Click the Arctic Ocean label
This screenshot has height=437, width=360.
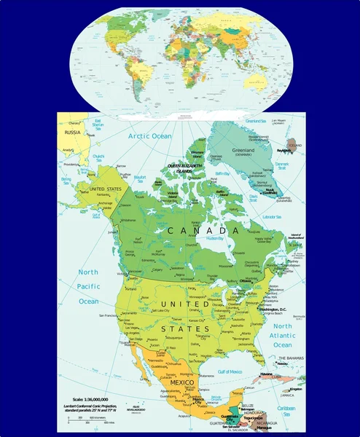149,136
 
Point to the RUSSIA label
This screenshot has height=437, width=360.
73,133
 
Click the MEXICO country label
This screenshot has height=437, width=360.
181,382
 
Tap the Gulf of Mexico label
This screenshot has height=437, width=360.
225,372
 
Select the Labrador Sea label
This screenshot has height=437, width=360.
272,216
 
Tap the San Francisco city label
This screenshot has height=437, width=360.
106,315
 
